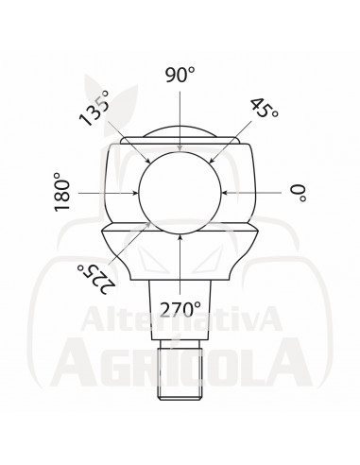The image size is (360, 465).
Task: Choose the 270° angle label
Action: (180, 307)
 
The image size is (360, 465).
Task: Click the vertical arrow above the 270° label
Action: (180, 266)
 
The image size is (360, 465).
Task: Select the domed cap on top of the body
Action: (180, 133)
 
